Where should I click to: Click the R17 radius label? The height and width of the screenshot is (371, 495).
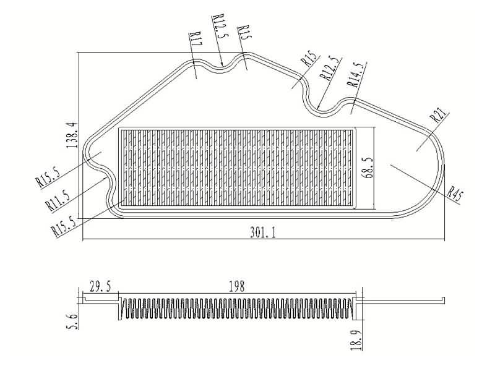(196, 39)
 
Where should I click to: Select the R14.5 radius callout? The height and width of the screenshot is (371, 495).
(357, 74)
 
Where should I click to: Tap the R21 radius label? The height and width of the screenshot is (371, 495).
(439, 115)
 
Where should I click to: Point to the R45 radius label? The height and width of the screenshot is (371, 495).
(455, 194)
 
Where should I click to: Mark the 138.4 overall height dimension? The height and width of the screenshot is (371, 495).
(72, 135)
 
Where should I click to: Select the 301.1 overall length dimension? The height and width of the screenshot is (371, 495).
(262, 233)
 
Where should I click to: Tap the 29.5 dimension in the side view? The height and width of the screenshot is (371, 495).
(100, 287)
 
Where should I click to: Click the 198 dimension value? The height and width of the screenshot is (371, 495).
(237, 286)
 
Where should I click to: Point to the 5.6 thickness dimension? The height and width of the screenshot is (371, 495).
(72, 322)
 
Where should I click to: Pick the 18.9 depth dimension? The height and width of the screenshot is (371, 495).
(356, 339)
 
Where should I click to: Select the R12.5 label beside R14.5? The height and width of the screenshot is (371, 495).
(330, 69)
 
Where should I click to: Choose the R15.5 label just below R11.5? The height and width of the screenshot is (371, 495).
(65, 226)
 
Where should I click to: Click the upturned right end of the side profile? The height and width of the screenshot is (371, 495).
(443, 300)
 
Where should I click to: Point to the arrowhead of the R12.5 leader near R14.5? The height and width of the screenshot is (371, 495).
(318, 107)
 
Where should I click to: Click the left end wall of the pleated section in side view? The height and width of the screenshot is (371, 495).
(119, 308)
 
